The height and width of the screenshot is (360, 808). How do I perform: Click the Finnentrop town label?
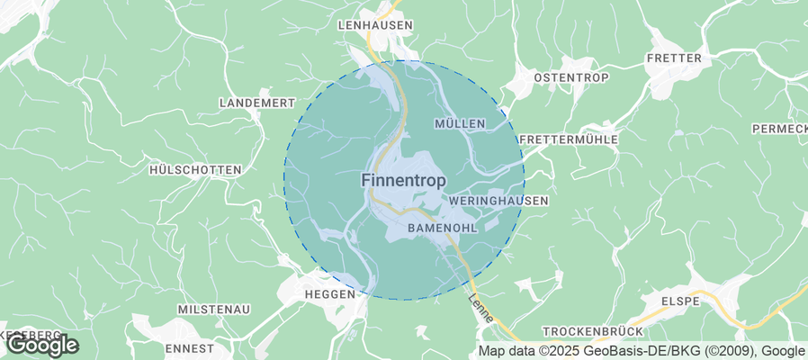pos(403,181)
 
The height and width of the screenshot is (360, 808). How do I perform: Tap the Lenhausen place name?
pos(374,25)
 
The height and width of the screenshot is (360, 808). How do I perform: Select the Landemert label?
pos(256,103)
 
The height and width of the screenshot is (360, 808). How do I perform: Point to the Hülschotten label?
pos(194,170)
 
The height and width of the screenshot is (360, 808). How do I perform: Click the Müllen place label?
pos(459,123)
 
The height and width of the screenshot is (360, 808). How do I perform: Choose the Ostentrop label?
pos(571,78)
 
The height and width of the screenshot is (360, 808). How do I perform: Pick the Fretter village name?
pos(673,58)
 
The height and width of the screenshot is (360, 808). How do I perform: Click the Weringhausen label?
pos(498,201)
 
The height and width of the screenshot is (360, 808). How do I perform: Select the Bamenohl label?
pos(442,229)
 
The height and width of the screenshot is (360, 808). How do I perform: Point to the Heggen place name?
pos(330,294)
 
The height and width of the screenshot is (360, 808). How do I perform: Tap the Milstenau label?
pos(214,310)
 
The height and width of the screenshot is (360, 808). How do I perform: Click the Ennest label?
pos(190,348)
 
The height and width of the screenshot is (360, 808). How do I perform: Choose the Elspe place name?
pos(680,301)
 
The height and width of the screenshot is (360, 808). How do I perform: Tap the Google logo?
pos(41,345)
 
